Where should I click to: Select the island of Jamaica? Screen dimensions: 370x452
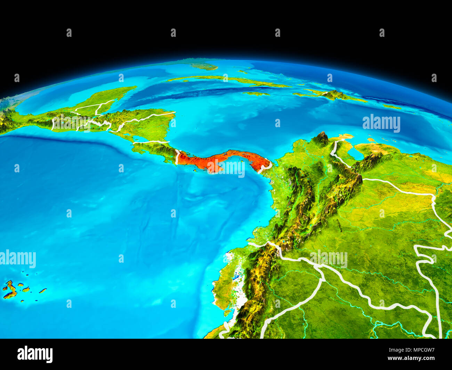(x=256, y=93)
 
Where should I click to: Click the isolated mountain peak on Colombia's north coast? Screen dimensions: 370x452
(x=321, y=138)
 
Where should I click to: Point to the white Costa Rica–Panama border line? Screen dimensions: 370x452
(x=177, y=157)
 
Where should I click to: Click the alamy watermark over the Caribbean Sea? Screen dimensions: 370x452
(x=381, y=123)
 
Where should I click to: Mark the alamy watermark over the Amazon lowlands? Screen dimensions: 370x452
(x=329, y=259)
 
